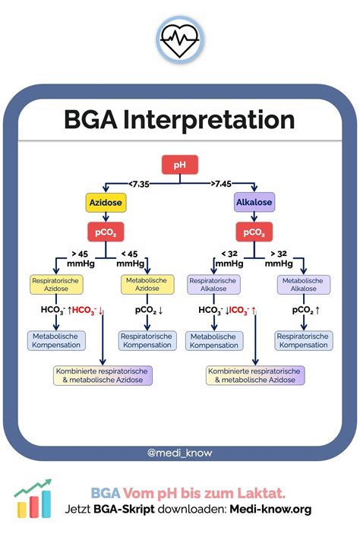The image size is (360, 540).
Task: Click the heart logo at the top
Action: tap(180, 36)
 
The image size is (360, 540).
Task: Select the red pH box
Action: tap(180, 165)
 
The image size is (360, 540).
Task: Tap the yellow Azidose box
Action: tap(106, 203)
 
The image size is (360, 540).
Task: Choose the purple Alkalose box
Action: tap(254, 203)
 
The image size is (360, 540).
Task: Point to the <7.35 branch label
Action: tap(140, 182)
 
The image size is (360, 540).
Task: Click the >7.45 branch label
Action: tap(221, 182)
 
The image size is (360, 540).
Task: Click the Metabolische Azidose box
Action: tap(148, 284)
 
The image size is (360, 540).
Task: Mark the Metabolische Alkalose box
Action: tap(303, 284)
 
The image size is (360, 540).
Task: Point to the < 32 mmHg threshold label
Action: tap(228, 258)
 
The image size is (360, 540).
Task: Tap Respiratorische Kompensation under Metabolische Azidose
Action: tap(147, 340)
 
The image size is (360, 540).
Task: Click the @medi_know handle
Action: tap(180, 453)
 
